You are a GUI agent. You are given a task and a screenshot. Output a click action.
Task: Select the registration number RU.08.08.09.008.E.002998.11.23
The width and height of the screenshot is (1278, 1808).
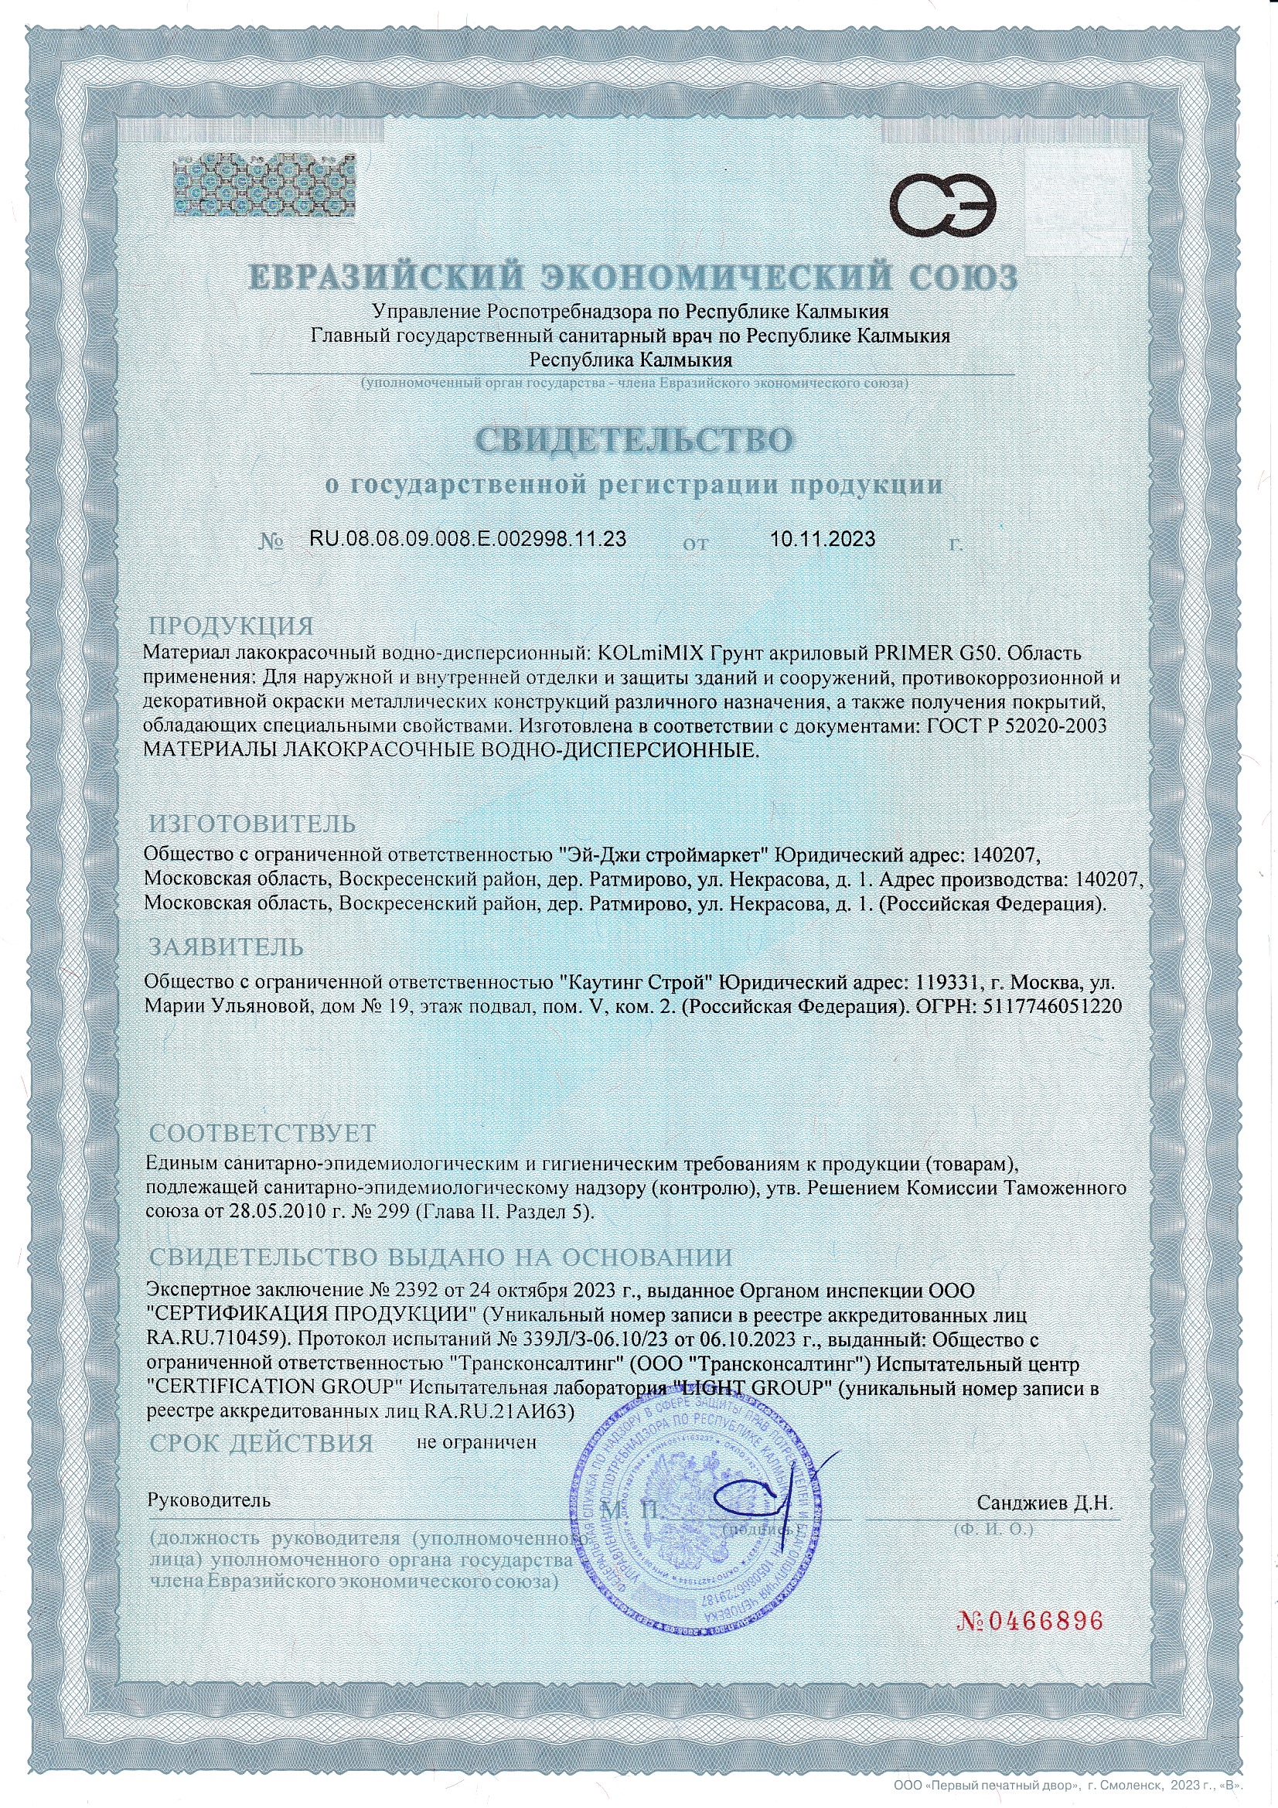click(469, 539)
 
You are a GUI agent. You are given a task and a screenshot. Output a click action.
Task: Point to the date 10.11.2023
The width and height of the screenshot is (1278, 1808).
click(823, 539)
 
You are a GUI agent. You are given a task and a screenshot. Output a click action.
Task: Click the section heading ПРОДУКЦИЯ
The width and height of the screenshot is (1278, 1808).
click(230, 627)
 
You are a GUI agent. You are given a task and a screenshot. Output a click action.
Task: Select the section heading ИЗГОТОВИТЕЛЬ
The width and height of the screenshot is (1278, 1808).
click(253, 824)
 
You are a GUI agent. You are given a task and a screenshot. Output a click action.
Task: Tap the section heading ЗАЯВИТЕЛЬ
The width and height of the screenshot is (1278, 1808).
click(227, 946)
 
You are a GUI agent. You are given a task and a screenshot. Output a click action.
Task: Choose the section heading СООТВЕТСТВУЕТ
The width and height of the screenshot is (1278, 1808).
click(263, 1133)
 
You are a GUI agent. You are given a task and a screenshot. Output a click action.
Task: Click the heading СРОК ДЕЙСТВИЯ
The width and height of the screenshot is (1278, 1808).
click(261, 1444)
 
